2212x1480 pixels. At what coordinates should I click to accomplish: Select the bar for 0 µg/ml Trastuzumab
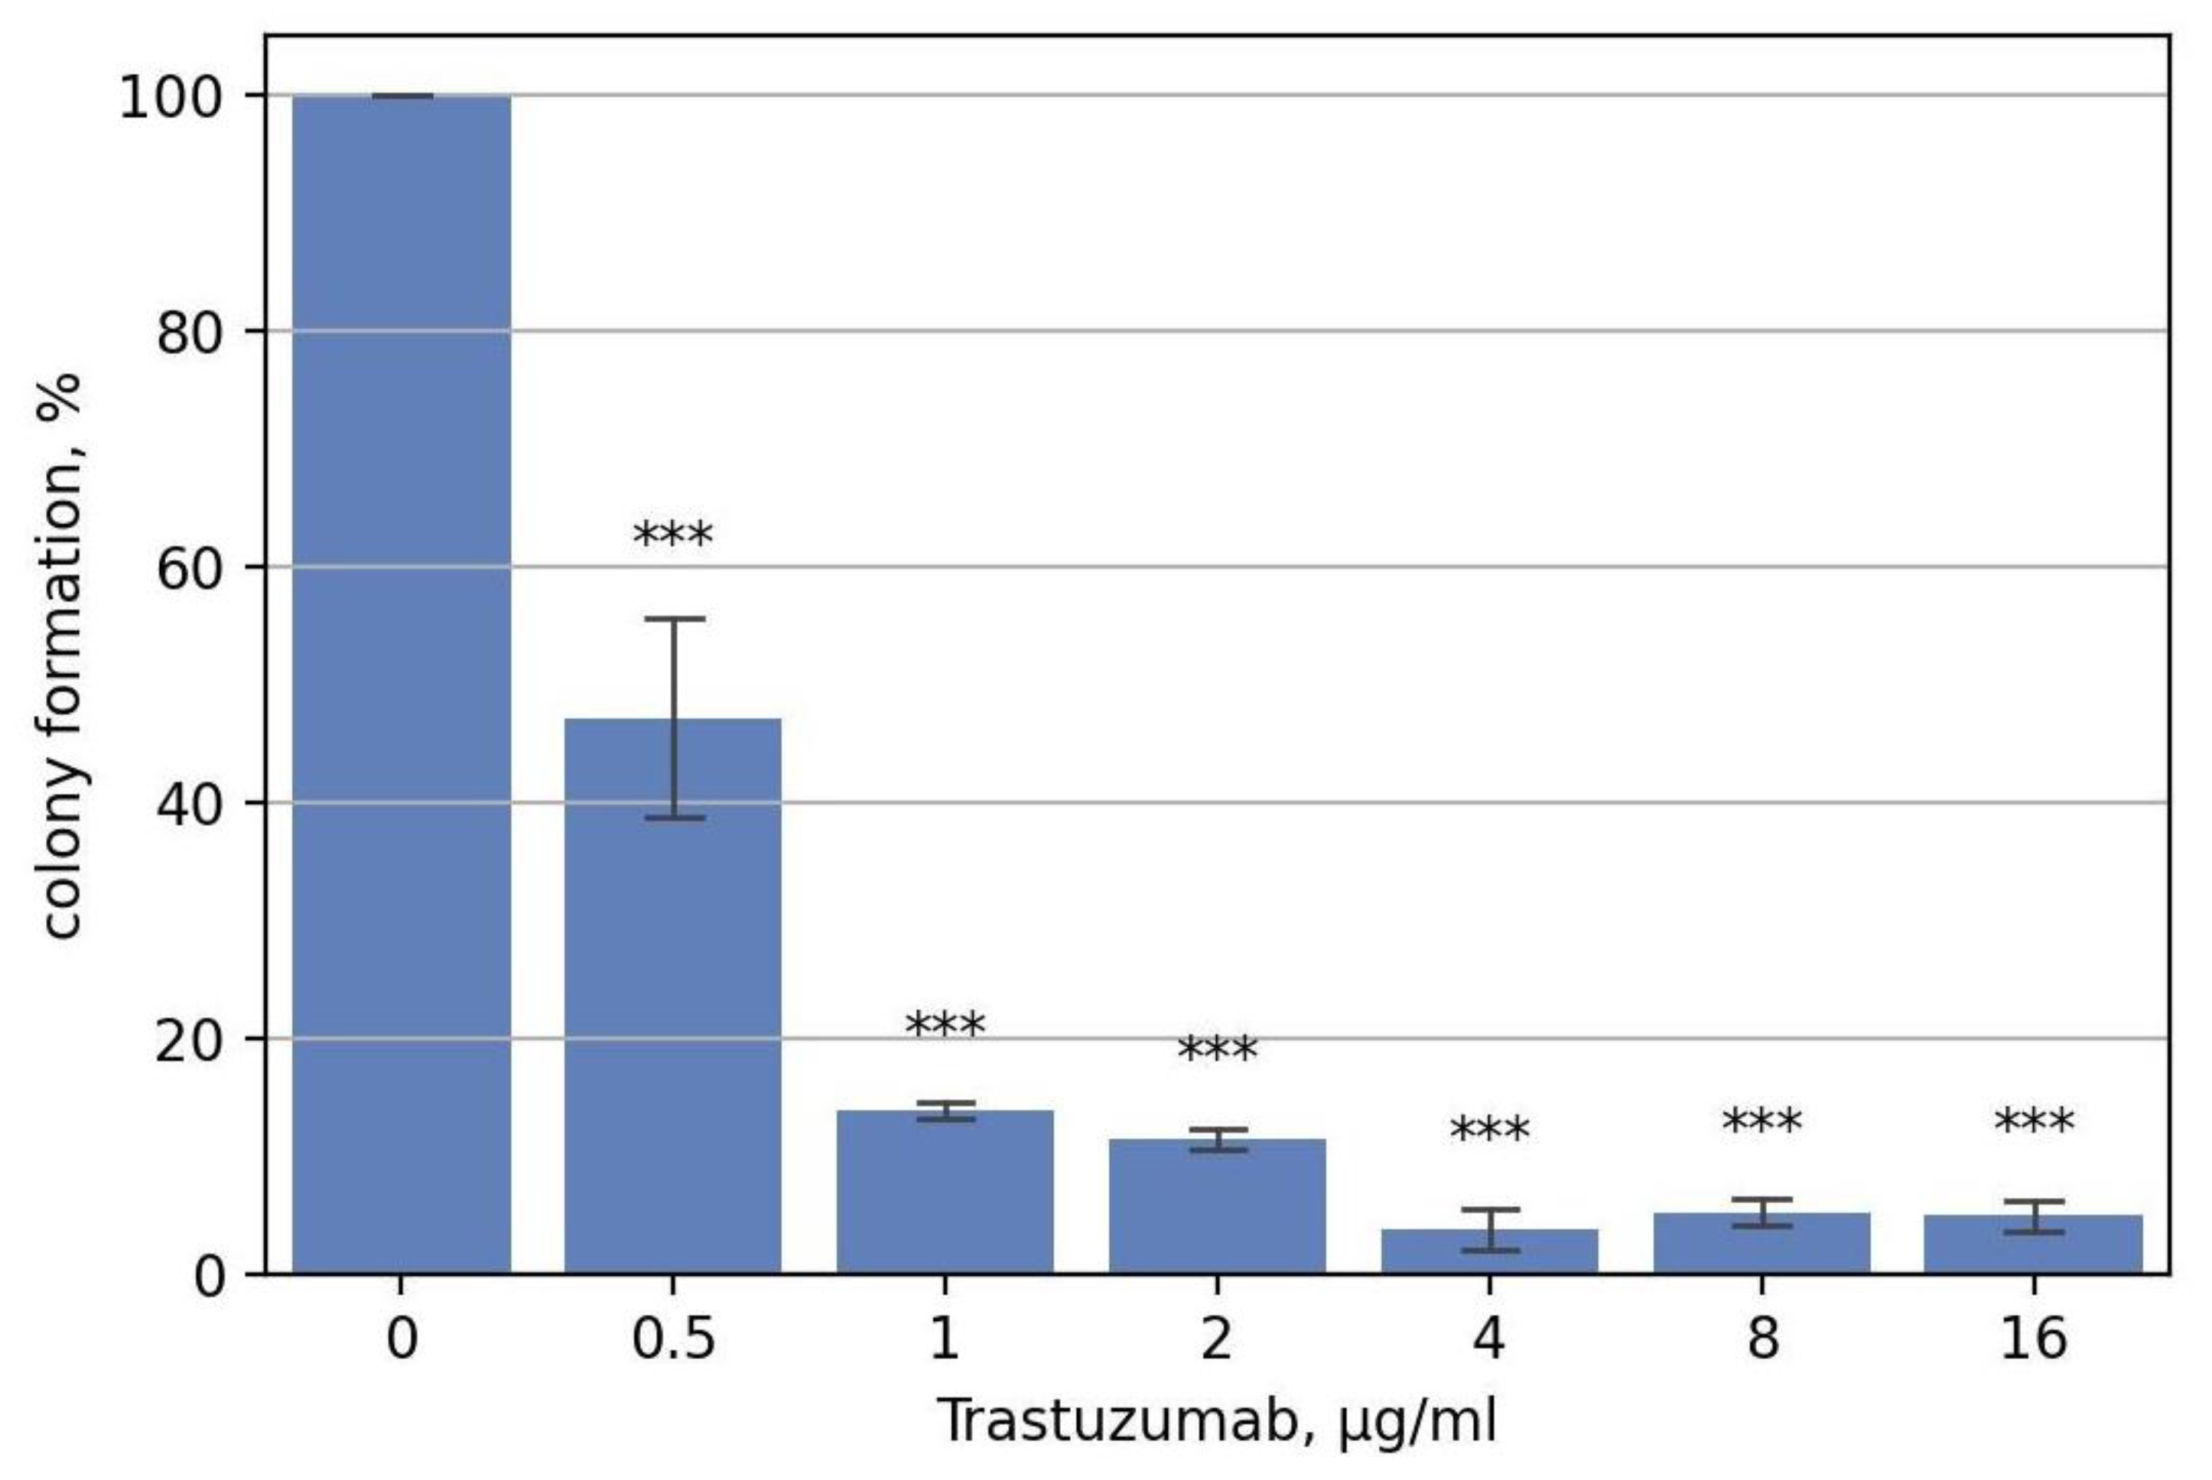point(401,685)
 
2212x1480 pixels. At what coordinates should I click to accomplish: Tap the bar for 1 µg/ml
point(945,1193)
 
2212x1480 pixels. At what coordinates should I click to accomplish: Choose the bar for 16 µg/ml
point(2034,1245)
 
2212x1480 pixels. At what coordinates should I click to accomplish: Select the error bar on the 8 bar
point(1761,1212)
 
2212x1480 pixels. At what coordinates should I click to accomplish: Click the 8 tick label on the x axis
point(1761,1339)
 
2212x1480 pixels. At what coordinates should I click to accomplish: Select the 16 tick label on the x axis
point(2034,1339)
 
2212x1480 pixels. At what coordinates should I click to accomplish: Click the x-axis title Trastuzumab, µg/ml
point(1216,1421)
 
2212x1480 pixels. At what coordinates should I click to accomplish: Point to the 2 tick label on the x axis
point(1216,1339)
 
